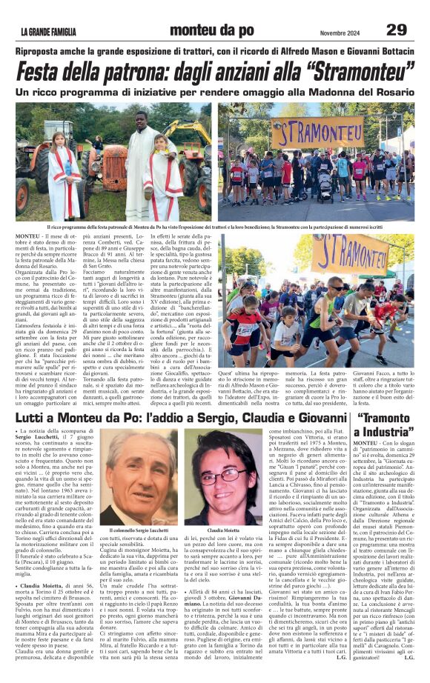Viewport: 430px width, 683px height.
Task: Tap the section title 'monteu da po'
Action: (x=214, y=30)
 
